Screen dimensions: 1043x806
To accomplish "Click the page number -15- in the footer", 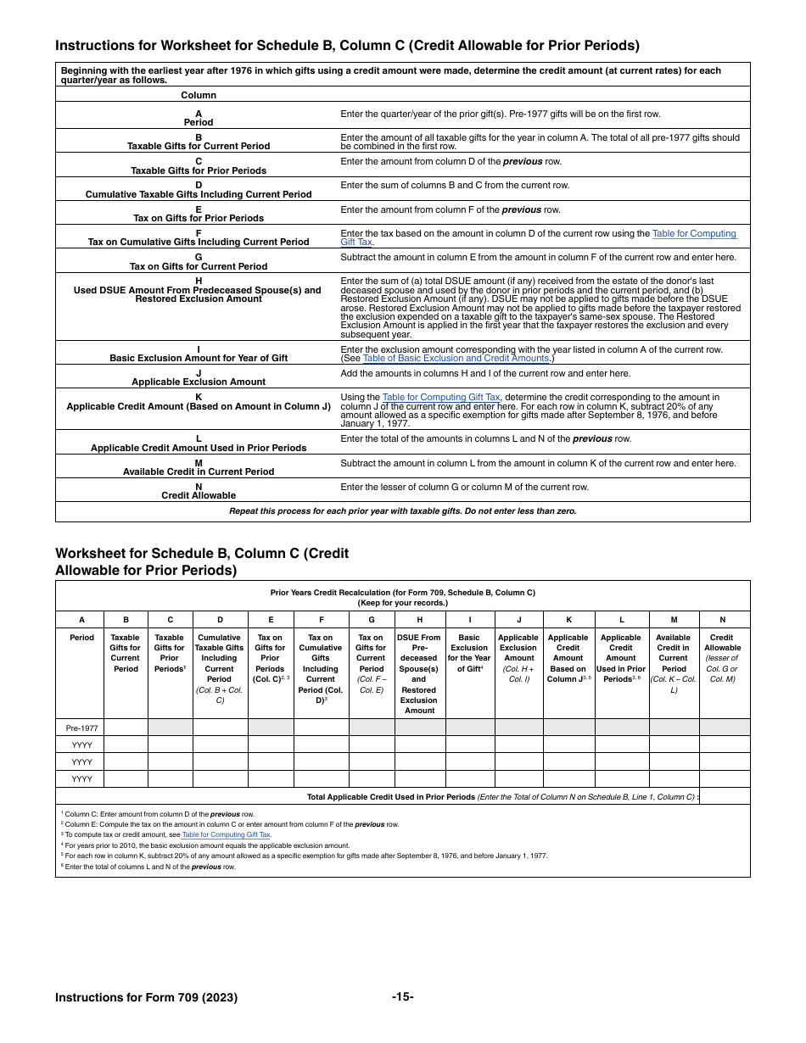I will [x=403, y=996].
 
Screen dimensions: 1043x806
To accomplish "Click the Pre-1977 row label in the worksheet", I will [x=81, y=728].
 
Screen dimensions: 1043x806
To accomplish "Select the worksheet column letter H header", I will [x=419, y=620].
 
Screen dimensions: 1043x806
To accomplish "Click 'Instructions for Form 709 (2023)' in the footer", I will [x=146, y=997].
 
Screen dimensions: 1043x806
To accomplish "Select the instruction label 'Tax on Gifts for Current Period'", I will [x=199, y=266].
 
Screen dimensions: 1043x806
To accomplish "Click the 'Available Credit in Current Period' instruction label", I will [x=199, y=471].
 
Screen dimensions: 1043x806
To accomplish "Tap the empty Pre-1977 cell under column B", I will [x=126, y=728].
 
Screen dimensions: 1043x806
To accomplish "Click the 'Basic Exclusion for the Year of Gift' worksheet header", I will [x=469, y=653].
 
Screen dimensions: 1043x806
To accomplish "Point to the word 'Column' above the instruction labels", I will [x=199, y=95].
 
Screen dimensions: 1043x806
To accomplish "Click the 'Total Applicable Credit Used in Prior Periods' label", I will [x=390, y=797].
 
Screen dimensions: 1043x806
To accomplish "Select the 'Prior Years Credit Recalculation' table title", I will [x=402, y=592].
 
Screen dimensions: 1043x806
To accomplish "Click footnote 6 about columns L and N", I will [x=148, y=867].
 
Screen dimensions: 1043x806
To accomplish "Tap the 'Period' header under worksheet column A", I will [x=81, y=638].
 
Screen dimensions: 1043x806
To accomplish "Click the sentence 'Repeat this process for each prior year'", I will [x=402, y=511].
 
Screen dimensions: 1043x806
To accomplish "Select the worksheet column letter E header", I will [x=270, y=620].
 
